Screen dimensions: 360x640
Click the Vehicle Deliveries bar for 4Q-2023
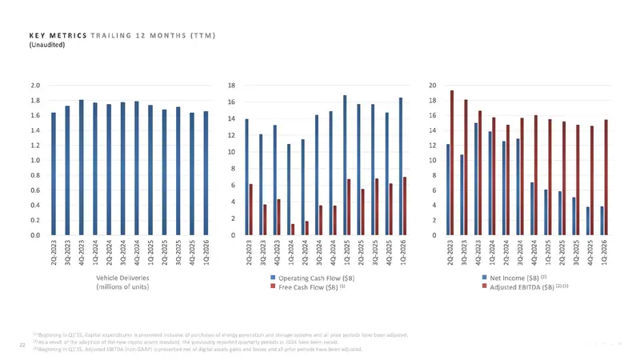point(82,168)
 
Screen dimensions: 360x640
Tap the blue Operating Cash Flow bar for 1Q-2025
point(345,166)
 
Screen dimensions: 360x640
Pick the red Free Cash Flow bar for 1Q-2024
point(293,230)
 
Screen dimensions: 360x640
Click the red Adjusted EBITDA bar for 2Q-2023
point(452,163)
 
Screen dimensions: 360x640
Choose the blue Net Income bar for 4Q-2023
point(475,179)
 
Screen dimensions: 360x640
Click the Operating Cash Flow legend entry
point(315,278)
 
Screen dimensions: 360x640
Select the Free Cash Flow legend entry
point(308,286)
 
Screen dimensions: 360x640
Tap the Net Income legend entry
point(517,278)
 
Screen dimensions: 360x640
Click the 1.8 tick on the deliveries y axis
point(36,101)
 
